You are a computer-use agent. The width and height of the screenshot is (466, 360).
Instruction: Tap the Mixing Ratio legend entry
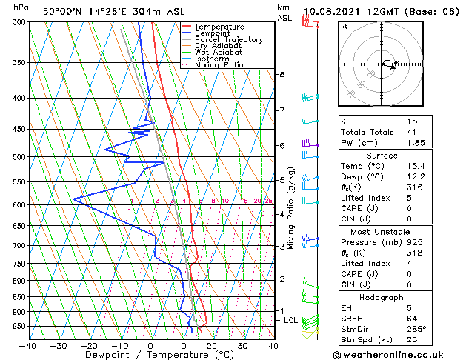pyautogui.click(x=219, y=66)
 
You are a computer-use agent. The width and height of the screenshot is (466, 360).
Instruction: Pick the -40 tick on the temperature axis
pyautogui.click(x=28, y=346)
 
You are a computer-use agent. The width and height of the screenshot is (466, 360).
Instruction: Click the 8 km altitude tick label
pyautogui.click(x=282, y=75)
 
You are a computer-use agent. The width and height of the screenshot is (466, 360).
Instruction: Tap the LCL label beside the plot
pyautogui.click(x=290, y=320)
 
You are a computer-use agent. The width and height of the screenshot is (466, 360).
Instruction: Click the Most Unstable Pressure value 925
pyautogui.click(x=415, y=243)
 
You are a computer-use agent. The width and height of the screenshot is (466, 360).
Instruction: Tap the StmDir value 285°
pyautogui.click(x=417, y=329)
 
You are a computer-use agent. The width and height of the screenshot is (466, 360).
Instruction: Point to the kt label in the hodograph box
pyautogui.click(x=344, y=26)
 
